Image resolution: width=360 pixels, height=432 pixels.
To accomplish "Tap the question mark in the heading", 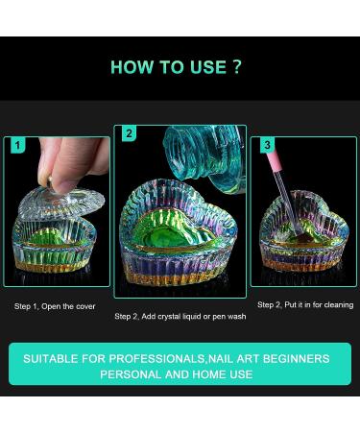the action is tap(237, 66).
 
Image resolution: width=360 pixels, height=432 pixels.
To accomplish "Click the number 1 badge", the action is tap(17, 145).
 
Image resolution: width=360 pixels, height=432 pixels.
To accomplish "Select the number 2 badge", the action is tap(129, 133).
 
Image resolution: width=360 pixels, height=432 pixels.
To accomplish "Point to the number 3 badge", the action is tap(267, 145).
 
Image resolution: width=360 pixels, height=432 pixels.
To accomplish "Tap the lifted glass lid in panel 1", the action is tap(60, 204).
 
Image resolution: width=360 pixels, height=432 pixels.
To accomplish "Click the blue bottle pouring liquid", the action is tap(204, 158).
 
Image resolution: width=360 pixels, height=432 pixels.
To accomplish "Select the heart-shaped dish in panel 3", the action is tap(303, 230).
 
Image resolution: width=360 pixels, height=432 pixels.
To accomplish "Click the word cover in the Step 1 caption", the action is tap(85, 306).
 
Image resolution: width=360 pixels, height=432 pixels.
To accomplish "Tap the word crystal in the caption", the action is tap(168, 317).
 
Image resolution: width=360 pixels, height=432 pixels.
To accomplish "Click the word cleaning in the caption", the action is tap(339, 305).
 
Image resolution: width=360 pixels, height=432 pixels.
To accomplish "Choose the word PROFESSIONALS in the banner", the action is tap(156, 359).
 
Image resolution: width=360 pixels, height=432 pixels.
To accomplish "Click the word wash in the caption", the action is tap(238, 317).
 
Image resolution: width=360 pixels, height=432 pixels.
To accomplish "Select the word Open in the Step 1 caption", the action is tap(51, 306).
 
